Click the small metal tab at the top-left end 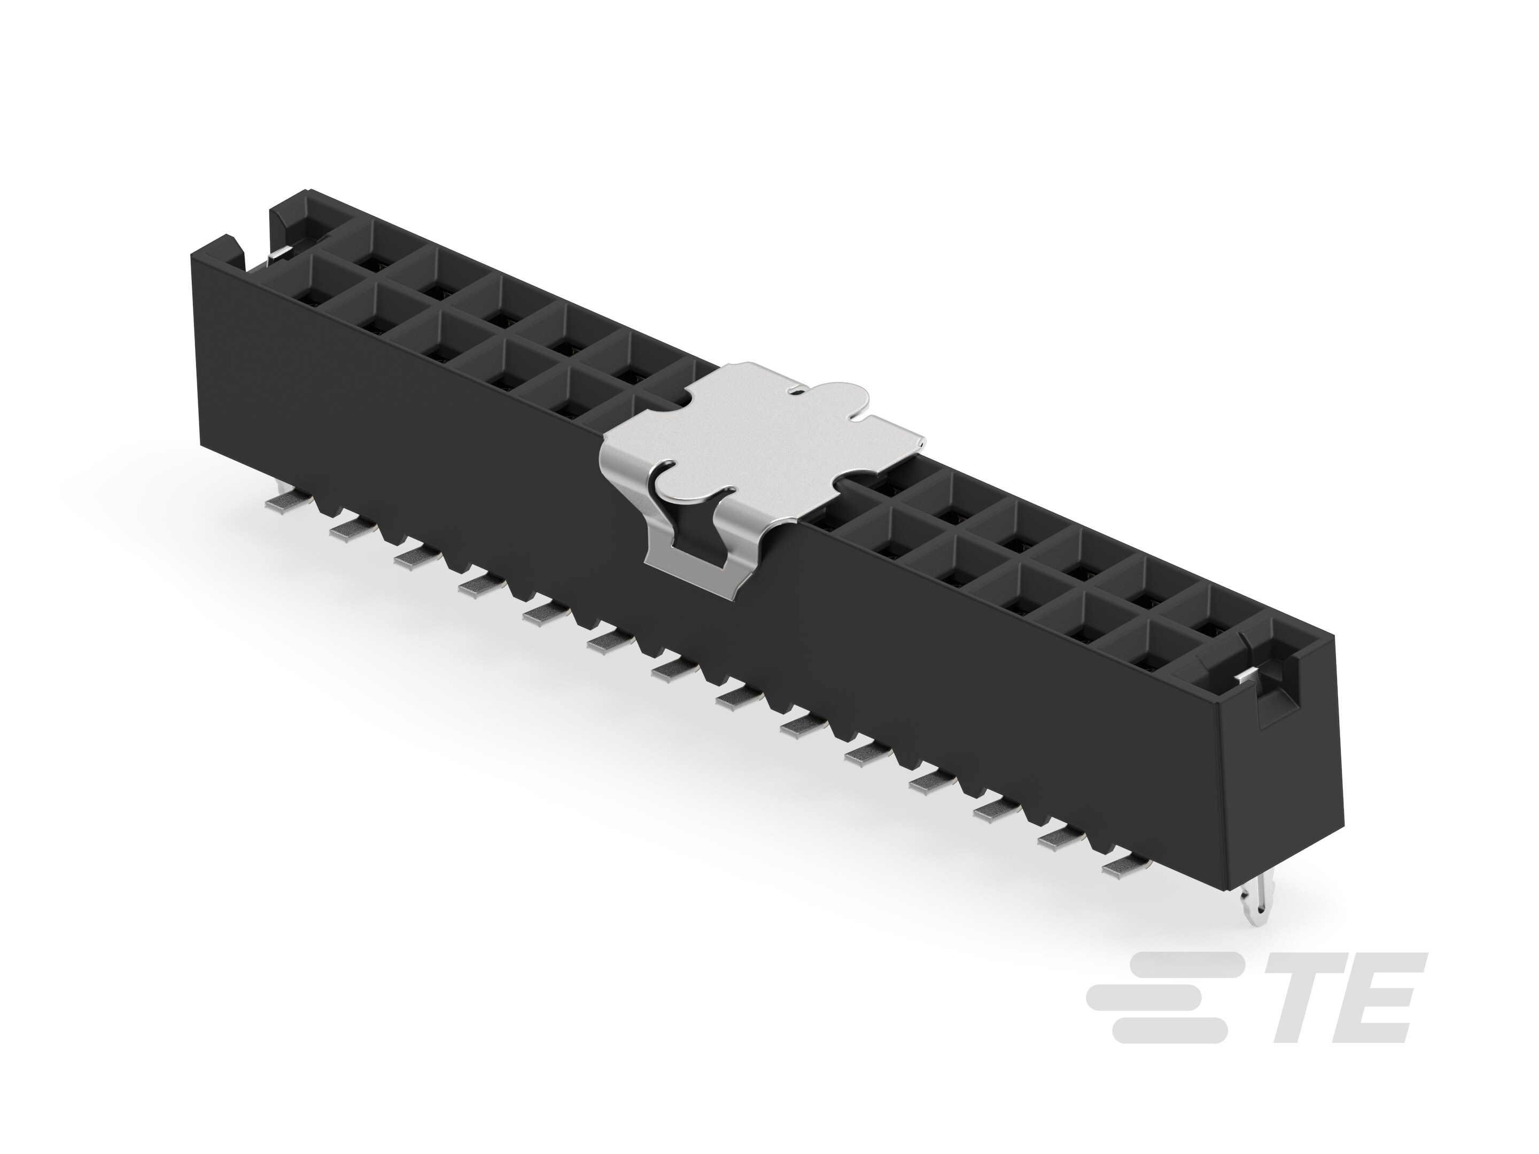(x=278, y=255)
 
